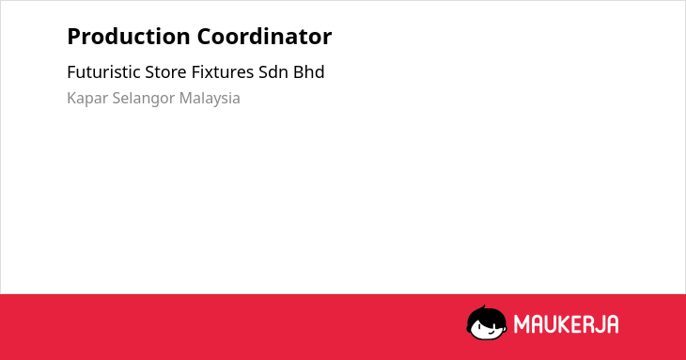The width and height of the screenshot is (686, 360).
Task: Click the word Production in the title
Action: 129,37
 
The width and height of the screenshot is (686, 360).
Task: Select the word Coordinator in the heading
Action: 264,37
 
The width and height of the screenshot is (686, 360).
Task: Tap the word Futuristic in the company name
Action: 103,72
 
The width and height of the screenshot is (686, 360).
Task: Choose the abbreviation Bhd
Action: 309,72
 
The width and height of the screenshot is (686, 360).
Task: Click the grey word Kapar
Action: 87,99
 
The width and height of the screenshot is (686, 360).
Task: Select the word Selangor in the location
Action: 144,99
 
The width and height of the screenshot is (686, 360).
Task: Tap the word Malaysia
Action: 210,99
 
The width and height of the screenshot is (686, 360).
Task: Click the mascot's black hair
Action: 486,316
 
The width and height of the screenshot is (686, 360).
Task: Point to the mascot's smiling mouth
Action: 491,333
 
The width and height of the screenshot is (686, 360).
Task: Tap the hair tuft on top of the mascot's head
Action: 484,307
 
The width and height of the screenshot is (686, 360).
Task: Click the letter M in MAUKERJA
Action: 522,324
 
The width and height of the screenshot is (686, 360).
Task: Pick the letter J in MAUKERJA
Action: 600,324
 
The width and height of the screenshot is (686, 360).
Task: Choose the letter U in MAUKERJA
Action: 552,324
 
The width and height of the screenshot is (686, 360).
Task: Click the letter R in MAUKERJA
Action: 589,324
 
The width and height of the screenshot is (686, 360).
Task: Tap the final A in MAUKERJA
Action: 613,324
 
